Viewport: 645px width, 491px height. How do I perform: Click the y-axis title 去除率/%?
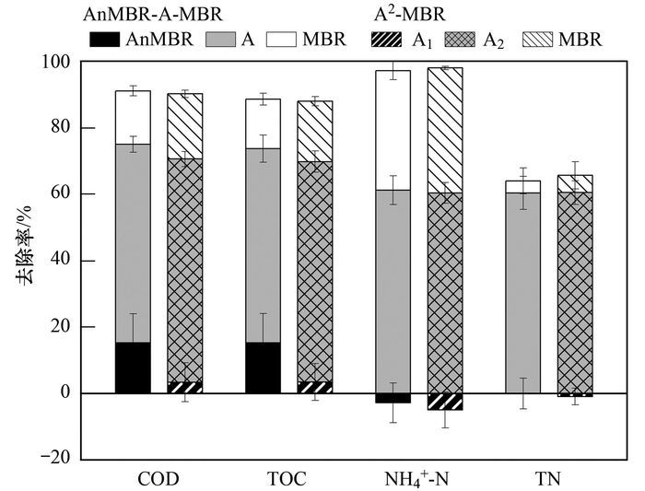tap(24, 260)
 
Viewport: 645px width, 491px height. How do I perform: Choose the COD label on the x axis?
tap(158, 480)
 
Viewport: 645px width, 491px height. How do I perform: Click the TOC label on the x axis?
tap(288, 480)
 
